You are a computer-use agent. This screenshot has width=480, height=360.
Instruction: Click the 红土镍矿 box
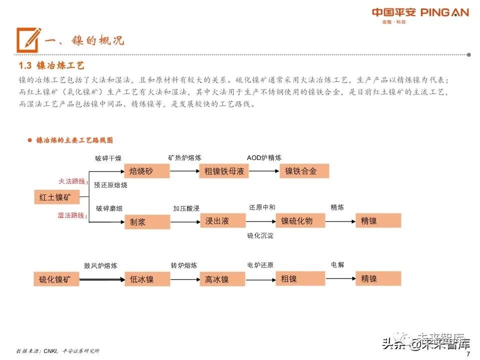56,197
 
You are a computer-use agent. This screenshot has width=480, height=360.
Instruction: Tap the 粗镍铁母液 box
224,171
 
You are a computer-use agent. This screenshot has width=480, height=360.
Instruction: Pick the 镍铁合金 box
304,171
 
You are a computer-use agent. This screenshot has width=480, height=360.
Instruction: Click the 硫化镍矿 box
56,279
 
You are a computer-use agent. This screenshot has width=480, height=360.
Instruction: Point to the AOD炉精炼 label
264,158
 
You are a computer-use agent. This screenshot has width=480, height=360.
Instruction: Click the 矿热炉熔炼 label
184,158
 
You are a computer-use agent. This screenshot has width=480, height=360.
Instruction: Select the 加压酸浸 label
186,208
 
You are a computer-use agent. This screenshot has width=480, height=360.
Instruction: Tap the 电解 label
337,265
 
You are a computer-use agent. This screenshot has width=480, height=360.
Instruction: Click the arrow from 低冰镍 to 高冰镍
184,279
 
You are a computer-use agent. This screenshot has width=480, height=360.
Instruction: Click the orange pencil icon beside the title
28,39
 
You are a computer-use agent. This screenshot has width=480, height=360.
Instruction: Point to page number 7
467,354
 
